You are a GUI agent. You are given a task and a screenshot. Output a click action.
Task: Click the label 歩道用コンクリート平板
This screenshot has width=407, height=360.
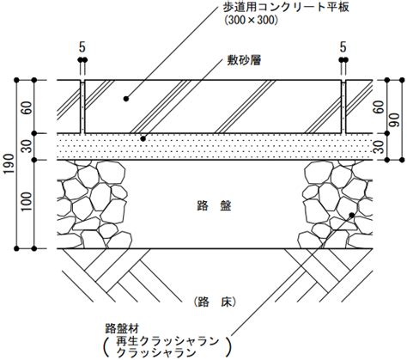286,8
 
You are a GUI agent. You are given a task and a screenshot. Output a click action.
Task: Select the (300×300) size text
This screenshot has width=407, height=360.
252,20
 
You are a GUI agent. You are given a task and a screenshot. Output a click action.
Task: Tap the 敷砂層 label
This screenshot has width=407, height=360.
244,61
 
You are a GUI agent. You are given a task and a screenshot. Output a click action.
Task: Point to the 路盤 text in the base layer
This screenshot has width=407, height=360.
214,205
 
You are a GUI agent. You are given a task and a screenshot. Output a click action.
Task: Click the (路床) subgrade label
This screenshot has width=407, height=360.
215,302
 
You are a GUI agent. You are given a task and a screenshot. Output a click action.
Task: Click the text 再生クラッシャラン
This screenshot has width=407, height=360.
167,341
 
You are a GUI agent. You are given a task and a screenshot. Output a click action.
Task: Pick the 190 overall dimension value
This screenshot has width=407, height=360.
9,163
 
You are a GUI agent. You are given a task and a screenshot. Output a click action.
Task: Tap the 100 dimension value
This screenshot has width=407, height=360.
27,201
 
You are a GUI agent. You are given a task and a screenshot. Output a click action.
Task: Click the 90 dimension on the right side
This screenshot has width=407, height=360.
395,120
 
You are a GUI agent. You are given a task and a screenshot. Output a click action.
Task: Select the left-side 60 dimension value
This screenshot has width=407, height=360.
27,107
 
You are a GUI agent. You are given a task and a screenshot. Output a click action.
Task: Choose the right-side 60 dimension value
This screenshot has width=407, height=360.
380,107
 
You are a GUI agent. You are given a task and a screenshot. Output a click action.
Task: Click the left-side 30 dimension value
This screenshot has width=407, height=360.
27,146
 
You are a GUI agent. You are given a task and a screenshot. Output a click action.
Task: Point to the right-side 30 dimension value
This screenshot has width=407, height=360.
380,147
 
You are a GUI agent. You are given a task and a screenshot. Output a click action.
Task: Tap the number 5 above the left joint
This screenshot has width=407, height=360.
82,47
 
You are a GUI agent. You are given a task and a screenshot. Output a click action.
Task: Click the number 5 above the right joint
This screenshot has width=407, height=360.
343,47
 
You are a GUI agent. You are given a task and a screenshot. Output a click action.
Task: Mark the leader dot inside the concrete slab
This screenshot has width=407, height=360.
125,99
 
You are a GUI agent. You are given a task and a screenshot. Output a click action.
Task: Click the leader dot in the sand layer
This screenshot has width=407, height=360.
143,139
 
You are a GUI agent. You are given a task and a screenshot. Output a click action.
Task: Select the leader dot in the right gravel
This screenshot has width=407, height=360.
352,215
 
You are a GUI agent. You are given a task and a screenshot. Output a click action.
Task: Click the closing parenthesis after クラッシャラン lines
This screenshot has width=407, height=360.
228,347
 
